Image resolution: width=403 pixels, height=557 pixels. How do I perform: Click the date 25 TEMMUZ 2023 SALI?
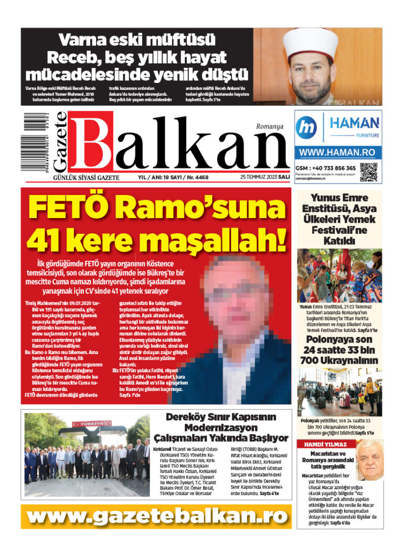[265, 177]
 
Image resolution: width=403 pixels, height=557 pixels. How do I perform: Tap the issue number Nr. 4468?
[195, 177]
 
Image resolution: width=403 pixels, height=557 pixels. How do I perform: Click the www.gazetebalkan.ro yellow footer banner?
[157, 516]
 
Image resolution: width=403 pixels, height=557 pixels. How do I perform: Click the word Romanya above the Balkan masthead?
[269, 126]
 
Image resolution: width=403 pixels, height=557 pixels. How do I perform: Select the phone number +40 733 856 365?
[332, 168]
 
